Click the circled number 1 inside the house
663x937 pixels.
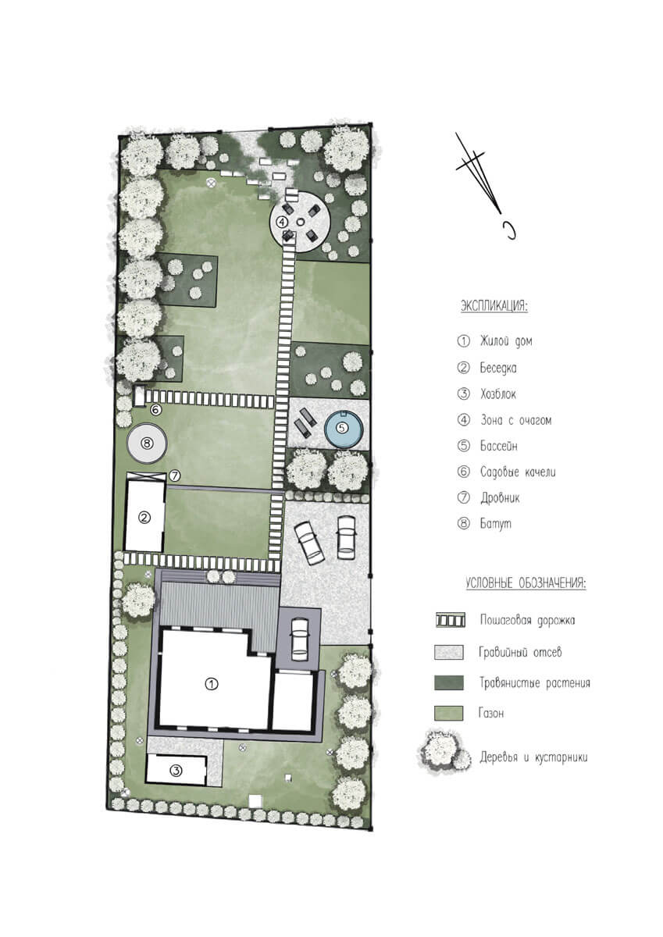(212, 684)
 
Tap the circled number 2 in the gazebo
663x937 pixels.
(144, 518)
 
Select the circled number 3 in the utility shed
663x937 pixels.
(176, 770)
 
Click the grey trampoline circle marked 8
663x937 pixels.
(147, 443)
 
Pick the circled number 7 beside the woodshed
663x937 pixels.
(175, 476)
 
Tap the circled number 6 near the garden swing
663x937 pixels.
(155, 409)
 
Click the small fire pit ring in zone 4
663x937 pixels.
(301, 221)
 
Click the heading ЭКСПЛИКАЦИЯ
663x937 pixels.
(494, 306)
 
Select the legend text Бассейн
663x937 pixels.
(498, 446)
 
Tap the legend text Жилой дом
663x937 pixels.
(506, 341)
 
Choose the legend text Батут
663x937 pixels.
(496, 524)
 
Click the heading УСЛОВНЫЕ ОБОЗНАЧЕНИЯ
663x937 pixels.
(526, 583)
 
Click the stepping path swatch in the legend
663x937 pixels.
(450, 620)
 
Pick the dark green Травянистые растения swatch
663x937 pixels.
(449, 682)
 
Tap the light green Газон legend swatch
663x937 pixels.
(449, 713)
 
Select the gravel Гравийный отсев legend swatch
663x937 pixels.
(449, 652)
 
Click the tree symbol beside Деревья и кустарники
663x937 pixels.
(444, 752)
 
